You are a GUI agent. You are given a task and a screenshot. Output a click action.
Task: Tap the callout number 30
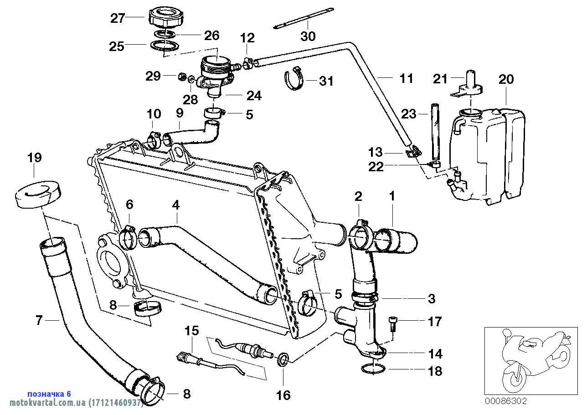(x=308, y=36)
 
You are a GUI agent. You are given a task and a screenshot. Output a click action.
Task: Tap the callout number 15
(x=192, y=331)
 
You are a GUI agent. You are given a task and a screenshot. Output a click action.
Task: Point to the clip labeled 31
(x=294, y=79)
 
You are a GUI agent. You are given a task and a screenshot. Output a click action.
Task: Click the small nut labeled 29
(x=181, y=77)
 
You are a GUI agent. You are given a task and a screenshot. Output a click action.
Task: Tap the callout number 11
(x=406, y=78)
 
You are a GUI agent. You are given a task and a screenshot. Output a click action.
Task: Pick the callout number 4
(x=175, y=205)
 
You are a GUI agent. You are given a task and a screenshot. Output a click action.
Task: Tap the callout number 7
(x=39, y=321)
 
